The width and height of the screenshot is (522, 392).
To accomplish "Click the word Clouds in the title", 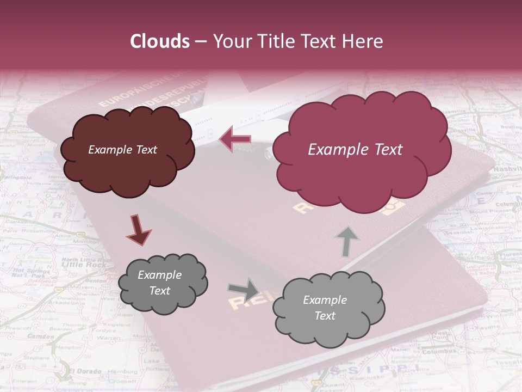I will (x=159, y=41).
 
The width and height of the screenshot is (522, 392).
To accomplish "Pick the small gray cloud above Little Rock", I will (x=163, y=283).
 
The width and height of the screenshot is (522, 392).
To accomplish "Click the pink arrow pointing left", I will (x=235, y=139).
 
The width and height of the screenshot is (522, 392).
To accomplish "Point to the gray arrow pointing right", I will (x=244, y=290).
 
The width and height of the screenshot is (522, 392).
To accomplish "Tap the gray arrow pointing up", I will (x=347, y=241).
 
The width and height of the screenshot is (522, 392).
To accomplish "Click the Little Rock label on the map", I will (x=76, y=265).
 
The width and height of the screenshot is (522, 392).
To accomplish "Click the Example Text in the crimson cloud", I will (x=355, y=150).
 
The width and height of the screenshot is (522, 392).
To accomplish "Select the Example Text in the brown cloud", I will (x=122, y=150).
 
